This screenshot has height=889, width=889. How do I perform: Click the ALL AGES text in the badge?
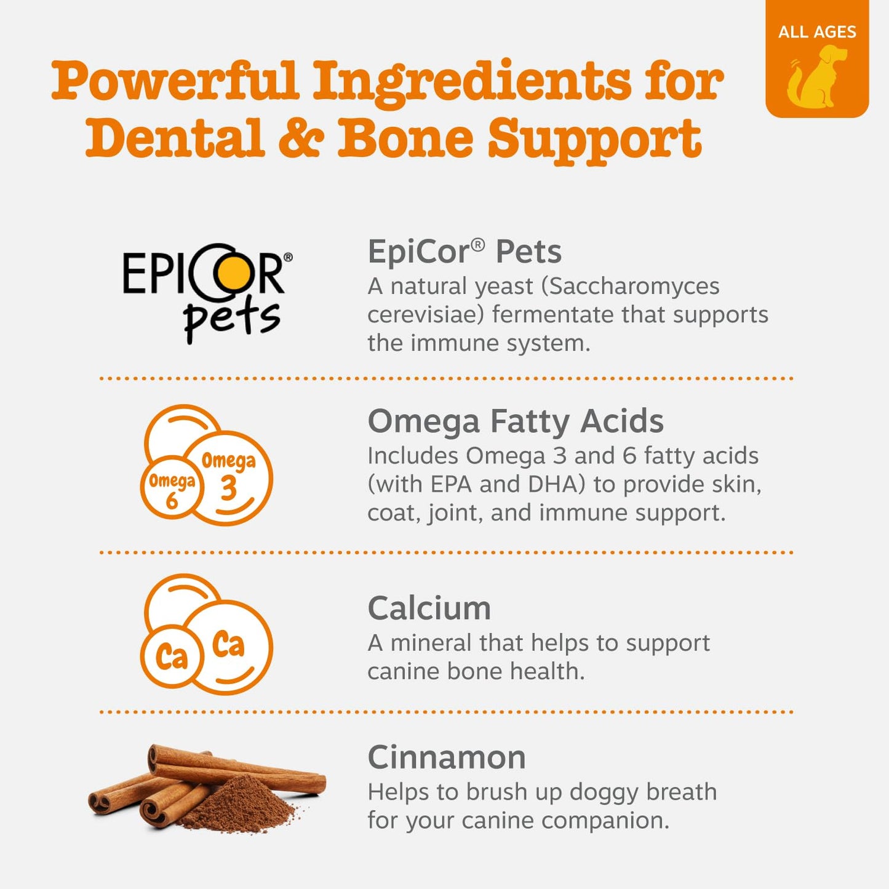[x=816, y=32]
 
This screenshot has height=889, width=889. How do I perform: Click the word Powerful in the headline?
[x=175, y=82]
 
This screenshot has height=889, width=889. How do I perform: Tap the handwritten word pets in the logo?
[x=231, y=319]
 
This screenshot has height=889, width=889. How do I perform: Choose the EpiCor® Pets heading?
[x=464, y=252]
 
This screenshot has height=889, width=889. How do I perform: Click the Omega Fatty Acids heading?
[x=516, y=421]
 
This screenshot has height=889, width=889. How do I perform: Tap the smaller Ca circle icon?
[x=172, y=656]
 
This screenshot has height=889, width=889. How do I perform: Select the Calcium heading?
[x=429, y=608]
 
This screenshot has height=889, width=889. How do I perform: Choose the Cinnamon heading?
[x=447, y=757]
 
